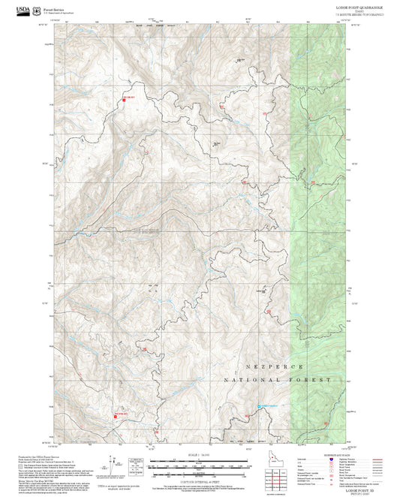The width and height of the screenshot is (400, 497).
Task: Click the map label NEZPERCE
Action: click(x=275, y=366)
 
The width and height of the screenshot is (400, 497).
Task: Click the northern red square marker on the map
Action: click(x=123, y=100)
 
